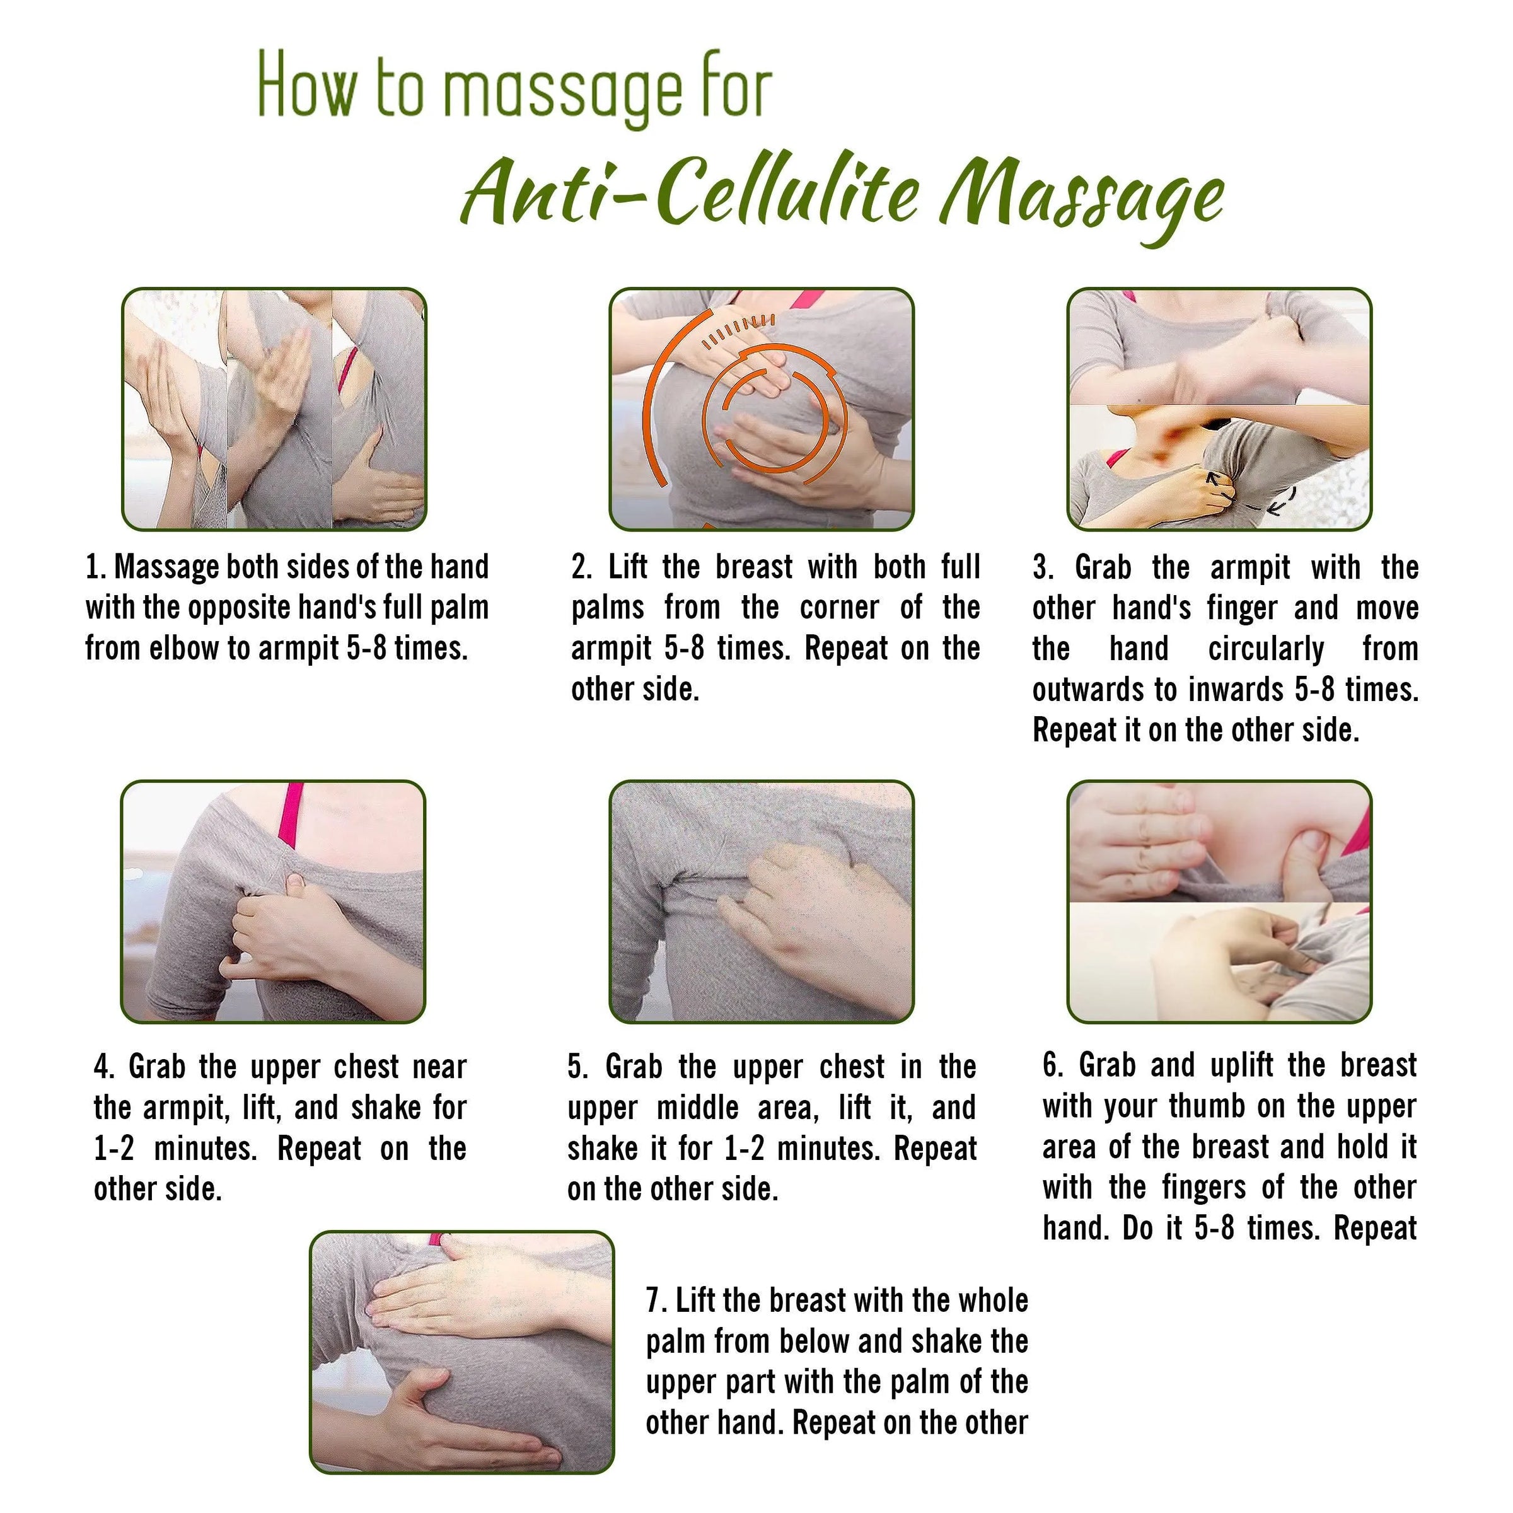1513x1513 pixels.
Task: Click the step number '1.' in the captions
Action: point(96,567)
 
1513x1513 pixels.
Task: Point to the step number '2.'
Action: point(582,567)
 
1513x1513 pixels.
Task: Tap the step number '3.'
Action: point(1043,567)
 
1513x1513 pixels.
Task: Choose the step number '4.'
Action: point(105,1067)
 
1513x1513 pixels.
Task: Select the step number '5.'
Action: point(578,1067)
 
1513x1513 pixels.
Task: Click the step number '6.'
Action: point(1053,1065)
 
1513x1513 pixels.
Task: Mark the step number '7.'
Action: point(656,1300)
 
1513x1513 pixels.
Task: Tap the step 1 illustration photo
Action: point(274,409)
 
